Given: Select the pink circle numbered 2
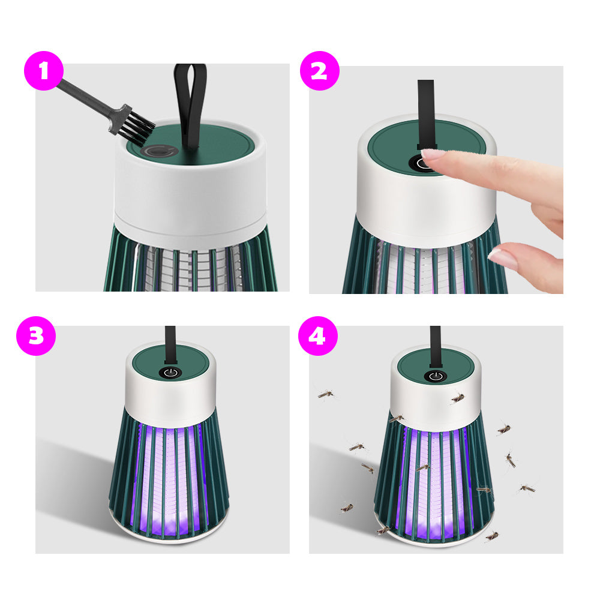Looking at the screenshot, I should tap(319, 71).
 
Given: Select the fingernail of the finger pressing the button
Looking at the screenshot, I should tap(433, 154).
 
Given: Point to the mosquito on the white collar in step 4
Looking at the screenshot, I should tap(458, 397).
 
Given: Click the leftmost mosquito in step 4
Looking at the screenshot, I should tap(326, 394).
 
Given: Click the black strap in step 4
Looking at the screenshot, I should tap(435, 344).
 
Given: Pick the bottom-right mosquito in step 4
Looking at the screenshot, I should tap(492, 535).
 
